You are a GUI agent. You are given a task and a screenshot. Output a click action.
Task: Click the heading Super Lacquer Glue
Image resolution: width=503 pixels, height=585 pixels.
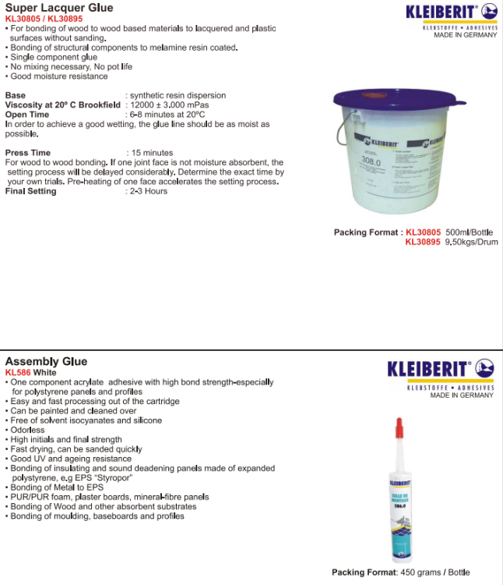click(x=58, y=8)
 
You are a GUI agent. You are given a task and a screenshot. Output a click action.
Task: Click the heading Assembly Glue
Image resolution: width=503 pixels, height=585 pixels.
click(x=46, y=361)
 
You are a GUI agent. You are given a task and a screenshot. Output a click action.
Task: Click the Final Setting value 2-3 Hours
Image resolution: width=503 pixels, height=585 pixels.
click(x=148, y=191)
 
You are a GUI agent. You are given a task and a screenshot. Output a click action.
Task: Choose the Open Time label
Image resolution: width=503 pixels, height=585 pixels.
click(x=27, y=115)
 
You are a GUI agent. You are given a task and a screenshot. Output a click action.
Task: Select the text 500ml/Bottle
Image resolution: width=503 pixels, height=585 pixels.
click(x=470, y=232)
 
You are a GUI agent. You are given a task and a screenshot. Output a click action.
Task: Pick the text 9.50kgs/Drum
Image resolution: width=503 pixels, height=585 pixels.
click(x=471, y=243)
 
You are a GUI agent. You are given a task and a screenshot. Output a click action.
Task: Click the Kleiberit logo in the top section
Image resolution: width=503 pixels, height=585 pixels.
click(x=451, y=12)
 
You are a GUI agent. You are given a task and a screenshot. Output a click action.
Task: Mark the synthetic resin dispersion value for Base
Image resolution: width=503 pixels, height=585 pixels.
click(x=178, y=95)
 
